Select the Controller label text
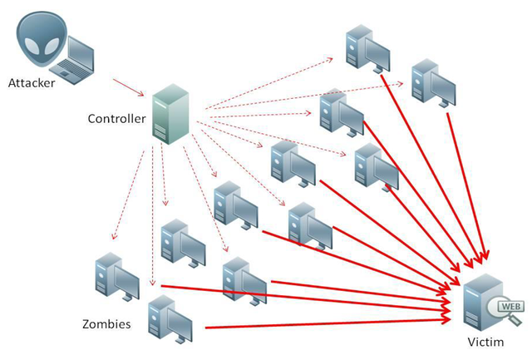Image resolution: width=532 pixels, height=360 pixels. [x=116, y=118]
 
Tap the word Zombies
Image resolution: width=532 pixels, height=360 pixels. [x=106, y=323]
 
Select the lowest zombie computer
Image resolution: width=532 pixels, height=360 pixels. [x=170, y=320]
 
